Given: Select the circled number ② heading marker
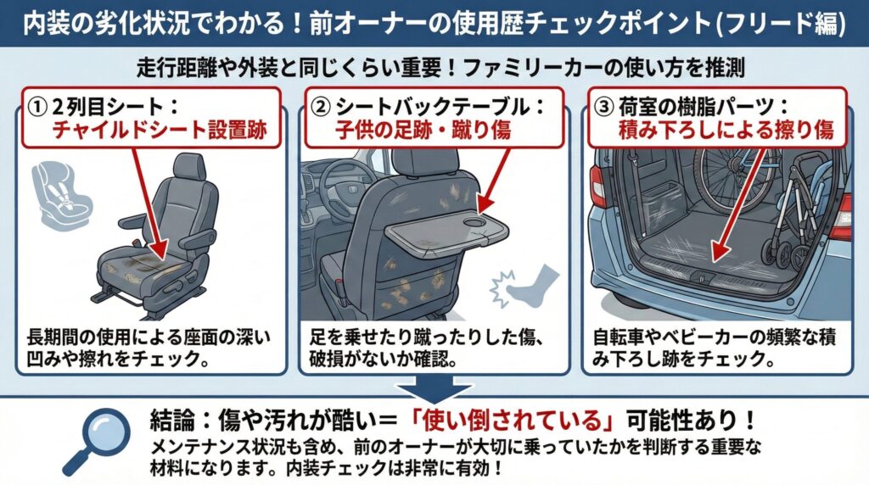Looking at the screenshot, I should pyautogui.click(x=321, y=108).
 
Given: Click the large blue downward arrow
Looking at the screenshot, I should pyautogui.click(x=434, y=391).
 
